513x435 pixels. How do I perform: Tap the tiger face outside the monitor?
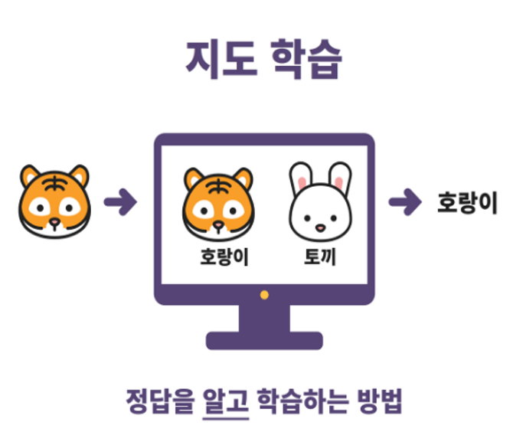[x=54, y=201]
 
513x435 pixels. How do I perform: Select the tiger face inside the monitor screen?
[x=218, y=201]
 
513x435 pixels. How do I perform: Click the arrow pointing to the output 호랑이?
[x=405, y=202]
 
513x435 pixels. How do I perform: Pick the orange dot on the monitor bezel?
[x=264, y=294]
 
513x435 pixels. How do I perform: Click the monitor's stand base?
[x=264, y=339]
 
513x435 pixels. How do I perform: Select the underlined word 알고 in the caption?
[x=227, y=401]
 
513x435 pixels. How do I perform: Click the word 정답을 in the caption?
[x=158, y=401]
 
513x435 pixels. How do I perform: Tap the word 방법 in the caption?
[x=378, y=401]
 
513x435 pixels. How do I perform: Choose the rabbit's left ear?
[x=301, y=178]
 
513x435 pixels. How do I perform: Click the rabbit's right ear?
[x=339, y=178]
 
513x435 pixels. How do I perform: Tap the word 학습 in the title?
[x=304, y=60]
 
